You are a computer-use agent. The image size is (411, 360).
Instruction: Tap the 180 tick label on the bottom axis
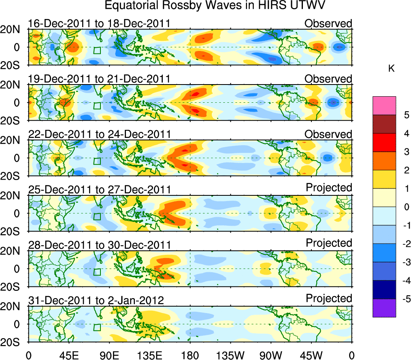(190, 355)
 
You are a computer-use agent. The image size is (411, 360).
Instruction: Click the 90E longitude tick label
(109, 355)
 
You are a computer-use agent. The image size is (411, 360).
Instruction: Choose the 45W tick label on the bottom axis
(311, 355)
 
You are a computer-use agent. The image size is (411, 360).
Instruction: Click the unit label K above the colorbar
(391, 69)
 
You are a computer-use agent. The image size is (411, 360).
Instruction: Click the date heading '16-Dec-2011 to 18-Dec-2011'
(99, 23)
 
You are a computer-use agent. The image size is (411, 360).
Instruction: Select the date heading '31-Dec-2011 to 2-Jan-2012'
(96, 300)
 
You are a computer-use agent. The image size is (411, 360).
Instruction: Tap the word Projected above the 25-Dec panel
(329, 188)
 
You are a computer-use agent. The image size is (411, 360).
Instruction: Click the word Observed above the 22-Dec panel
(328, 134)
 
